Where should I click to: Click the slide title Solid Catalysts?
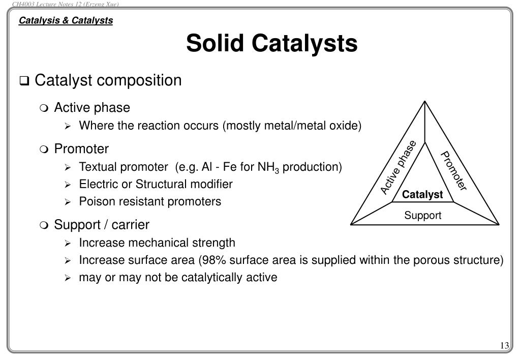point(271,43)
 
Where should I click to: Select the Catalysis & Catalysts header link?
point(66,21)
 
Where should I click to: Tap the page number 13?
point(504,346)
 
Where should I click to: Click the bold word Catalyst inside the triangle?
point(422,195)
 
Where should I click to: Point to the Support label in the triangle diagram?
point(422,216)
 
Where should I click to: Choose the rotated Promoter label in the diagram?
point(453,171)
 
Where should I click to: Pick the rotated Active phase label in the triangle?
point(399,167)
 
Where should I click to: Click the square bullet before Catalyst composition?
point(24,81)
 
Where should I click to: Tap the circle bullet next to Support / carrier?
point(44,225)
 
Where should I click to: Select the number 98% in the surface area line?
point(211,260)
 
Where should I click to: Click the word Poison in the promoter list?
point(94,201)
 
